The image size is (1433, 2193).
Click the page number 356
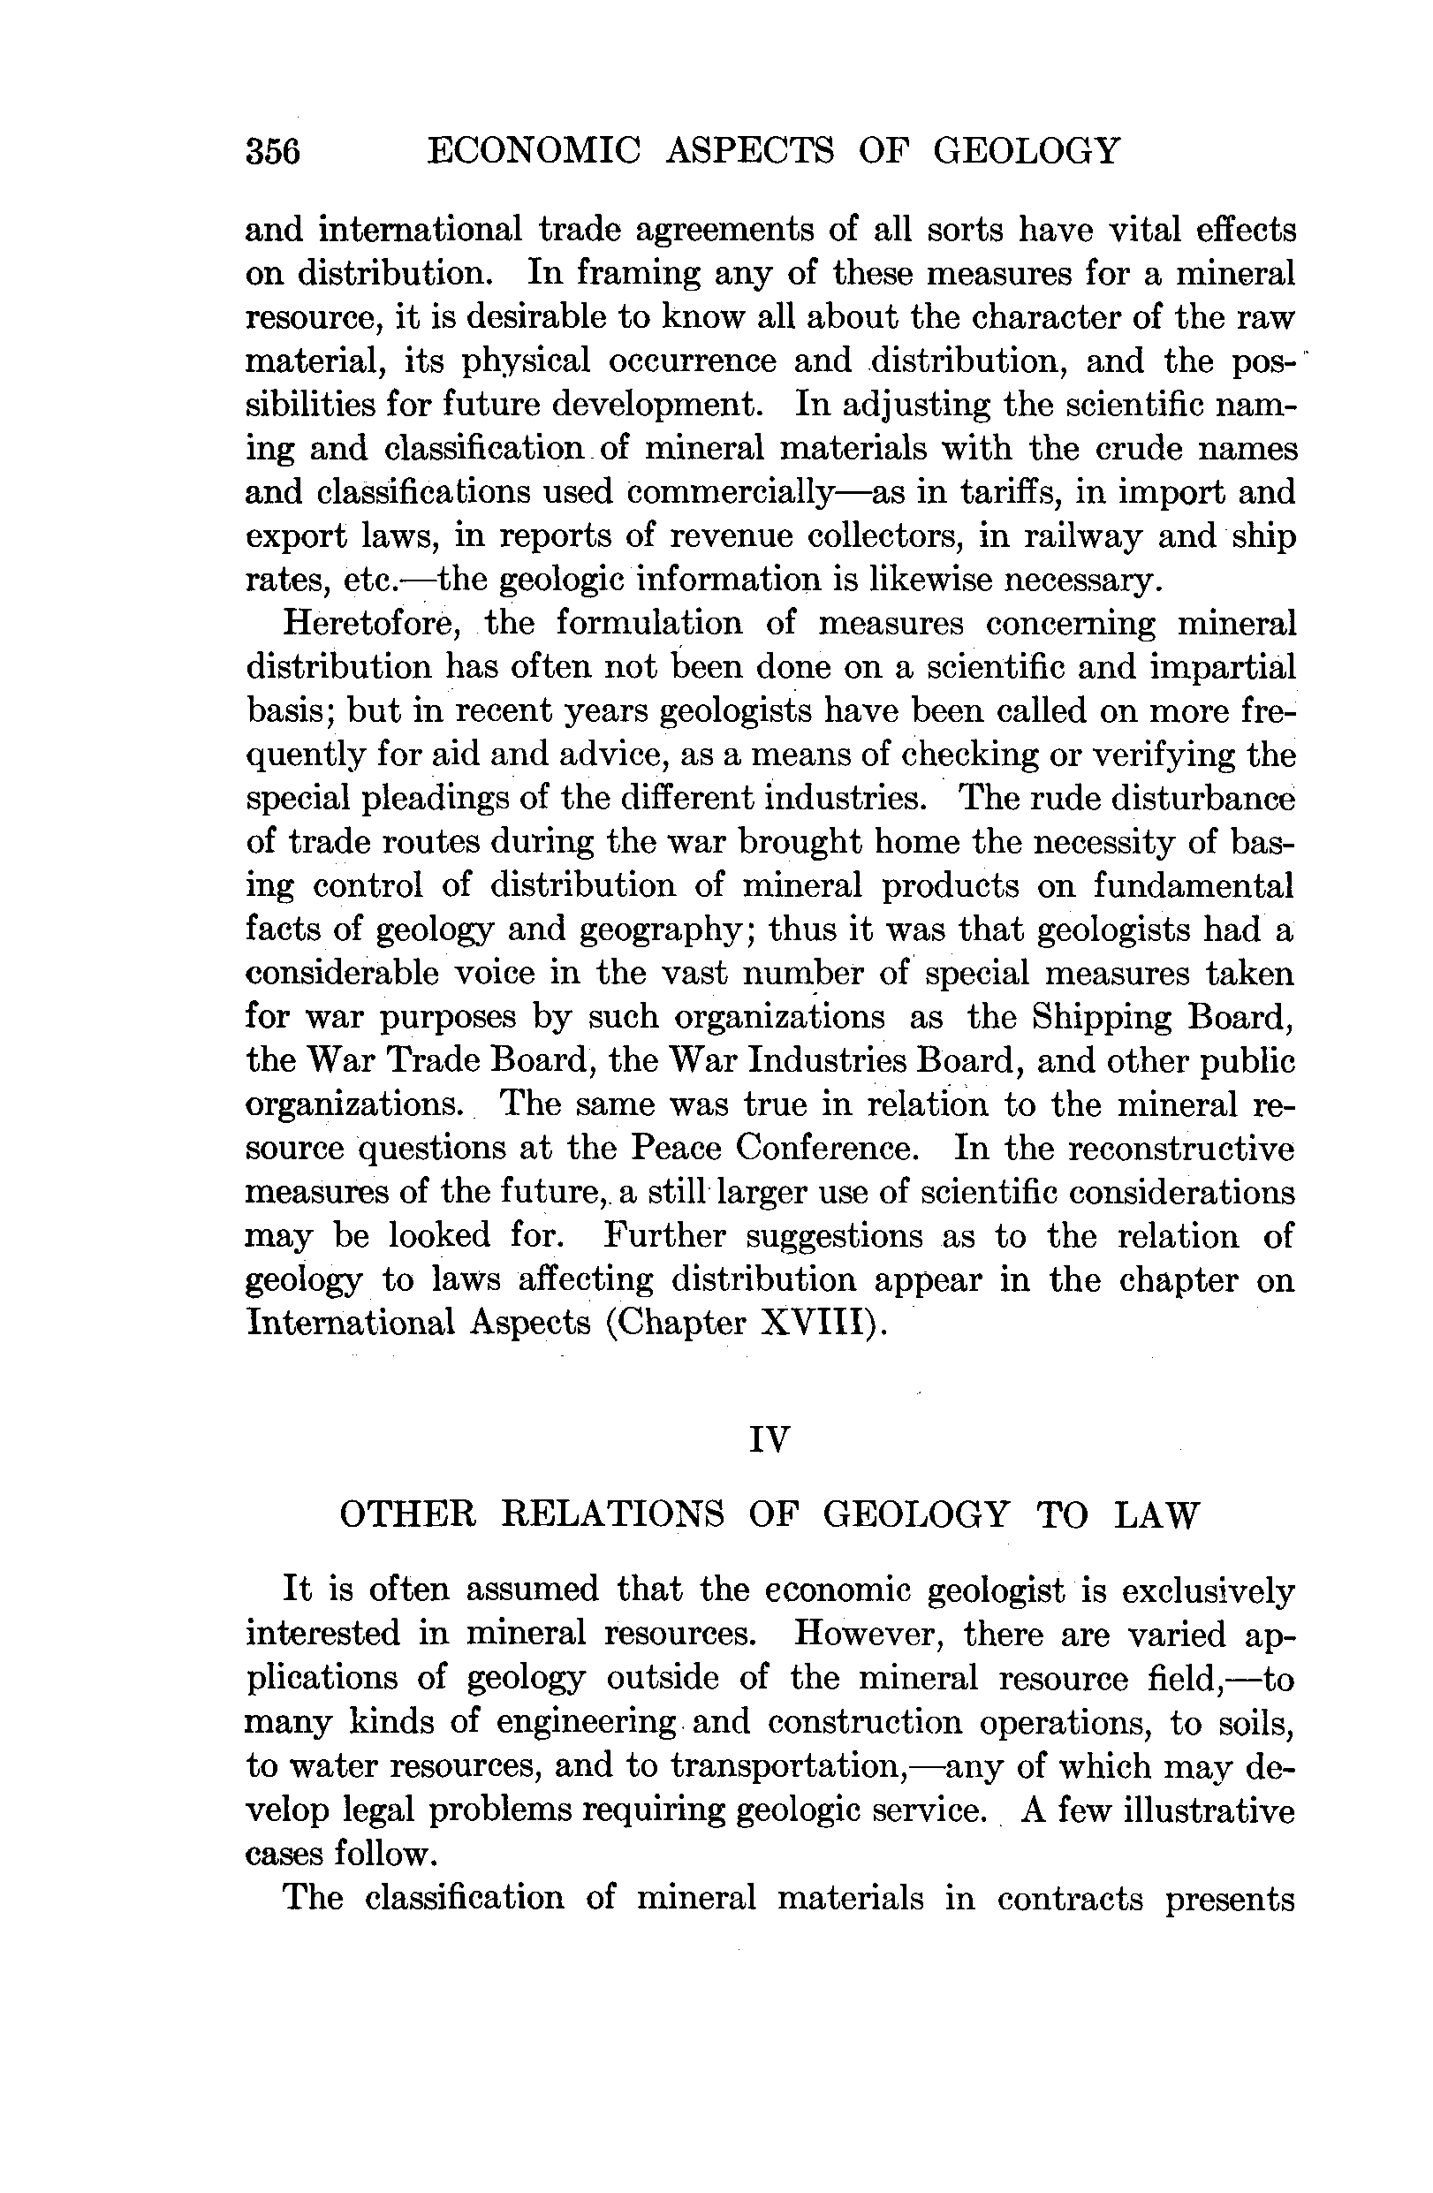(273, 150)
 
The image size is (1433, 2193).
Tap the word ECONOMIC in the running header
(534, 149)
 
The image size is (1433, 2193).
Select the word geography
(660, 930)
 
